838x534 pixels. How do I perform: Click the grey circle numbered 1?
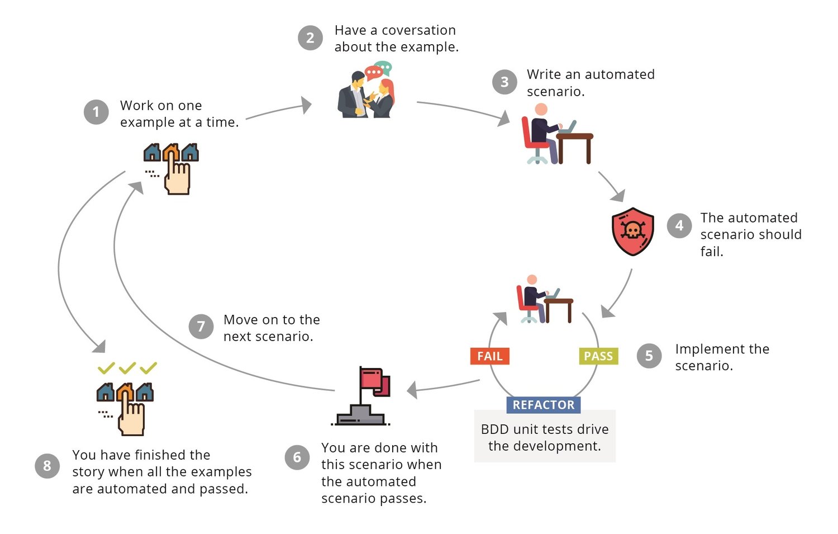click(x=96, y=112)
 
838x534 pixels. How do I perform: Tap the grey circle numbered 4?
click(x=679, y=225)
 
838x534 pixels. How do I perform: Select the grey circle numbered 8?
click(x=47, y=466)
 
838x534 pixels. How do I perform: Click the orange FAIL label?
click(x=490, y=356)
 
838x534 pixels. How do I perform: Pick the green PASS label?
click(x=598, y=356)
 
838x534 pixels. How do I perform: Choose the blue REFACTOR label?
click(x=544, y=405)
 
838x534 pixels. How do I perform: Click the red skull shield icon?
click(x=632, y=231)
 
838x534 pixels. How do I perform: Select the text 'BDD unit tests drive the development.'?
click(x=545, y=437)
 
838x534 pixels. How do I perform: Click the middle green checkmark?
click(x=127, y=367)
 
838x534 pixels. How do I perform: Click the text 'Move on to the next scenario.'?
click(x=272, y=328)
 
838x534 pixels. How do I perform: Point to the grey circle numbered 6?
click(x=297, y=457)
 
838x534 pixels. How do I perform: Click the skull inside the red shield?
click(x=632, y=230)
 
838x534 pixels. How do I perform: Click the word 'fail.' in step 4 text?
click(x=712, y=252)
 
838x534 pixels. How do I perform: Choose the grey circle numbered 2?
click(x=310, y=38)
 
